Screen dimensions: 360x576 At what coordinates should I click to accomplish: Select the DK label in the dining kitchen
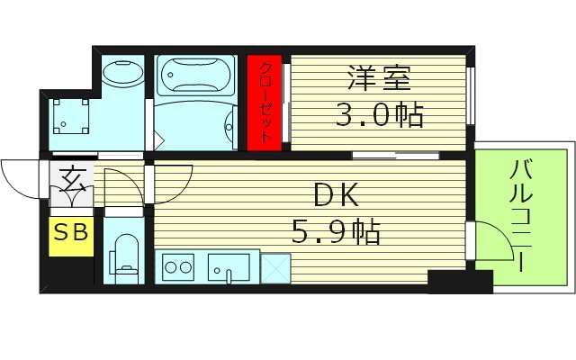pyautogui.click(x=335, y=195)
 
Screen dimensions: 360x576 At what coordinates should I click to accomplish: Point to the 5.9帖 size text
pyautogui.click(x=335, y=232)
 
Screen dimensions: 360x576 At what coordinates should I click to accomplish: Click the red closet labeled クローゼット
pyautogui.click(x=265, y=103)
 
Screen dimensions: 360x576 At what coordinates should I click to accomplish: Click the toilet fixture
pyautogui.click(x=124, y=256)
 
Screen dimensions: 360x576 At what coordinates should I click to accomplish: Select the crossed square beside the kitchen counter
pyautogui.click(x=274, y=265)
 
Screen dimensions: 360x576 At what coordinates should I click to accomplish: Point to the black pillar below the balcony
pyautogui.click(x=459, y=282)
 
